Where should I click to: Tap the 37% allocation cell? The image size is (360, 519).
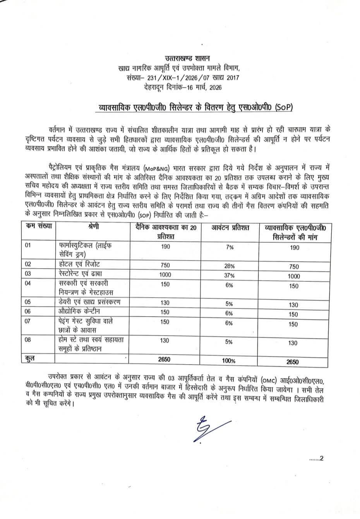coord(229,276)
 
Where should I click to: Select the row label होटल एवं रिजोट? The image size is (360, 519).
coord(79,264)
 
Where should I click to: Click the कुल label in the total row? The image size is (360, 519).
coord(29,359)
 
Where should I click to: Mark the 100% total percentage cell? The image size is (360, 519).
coord(229,361)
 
